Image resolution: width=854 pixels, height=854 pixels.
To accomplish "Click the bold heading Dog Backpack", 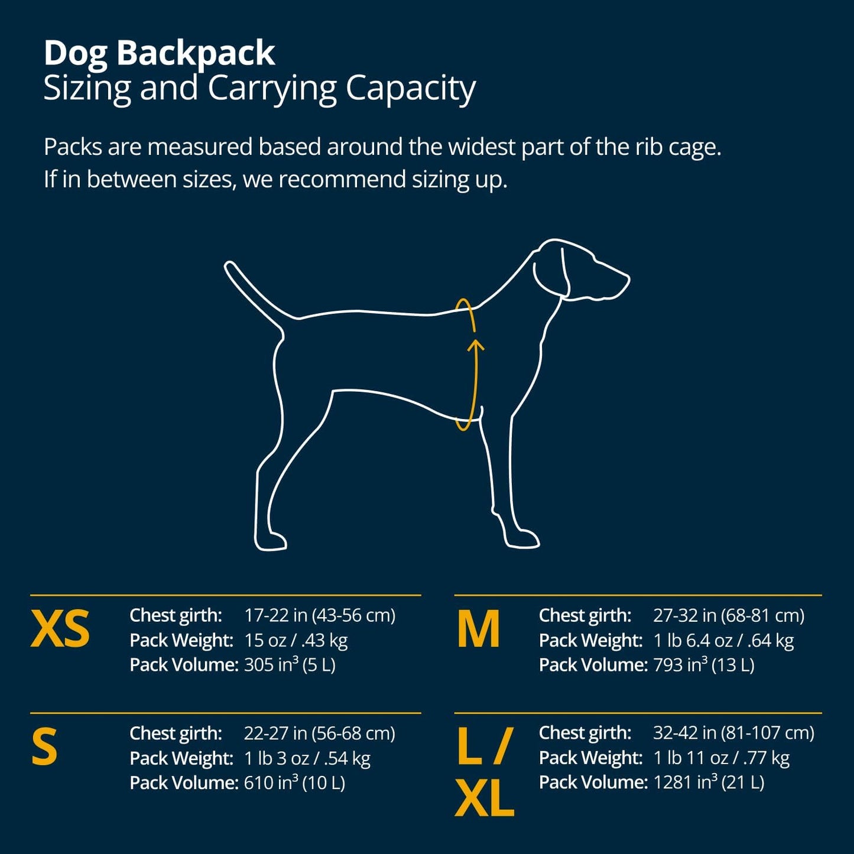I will point(159,54).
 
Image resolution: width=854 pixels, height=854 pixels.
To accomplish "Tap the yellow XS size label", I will point(60,629).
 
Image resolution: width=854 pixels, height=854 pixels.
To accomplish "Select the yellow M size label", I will point(479,629).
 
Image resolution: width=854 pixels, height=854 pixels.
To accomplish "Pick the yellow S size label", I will point(45,747).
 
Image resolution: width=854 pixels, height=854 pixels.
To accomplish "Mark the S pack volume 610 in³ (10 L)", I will point(294,783).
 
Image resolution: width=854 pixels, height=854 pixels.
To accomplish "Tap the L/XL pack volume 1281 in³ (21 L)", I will point(709,782).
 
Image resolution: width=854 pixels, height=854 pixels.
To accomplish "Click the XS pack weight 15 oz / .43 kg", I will point(296,640).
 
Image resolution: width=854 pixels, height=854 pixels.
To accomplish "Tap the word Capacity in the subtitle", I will point(410,89).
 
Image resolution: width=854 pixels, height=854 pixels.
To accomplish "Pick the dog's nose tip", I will point(626,280).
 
